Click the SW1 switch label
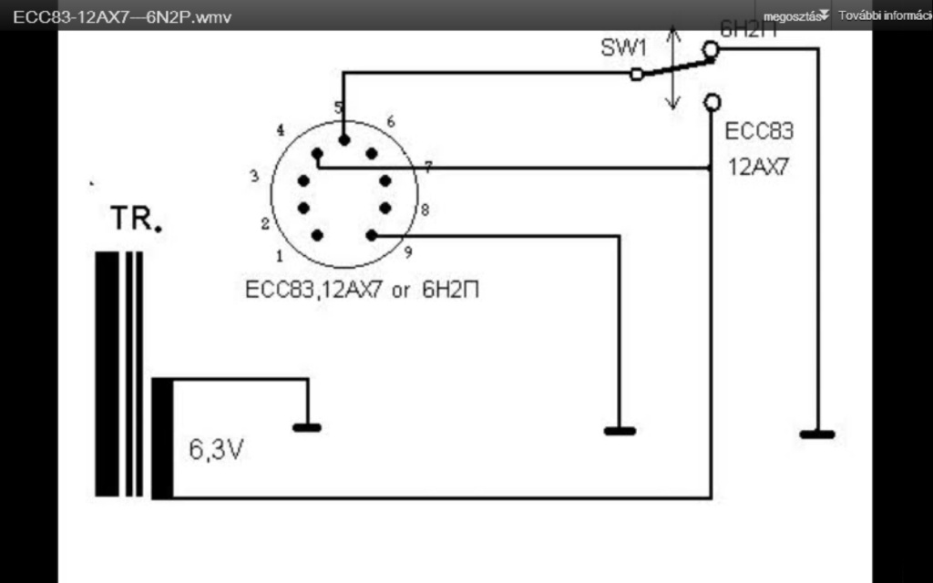click(624, 48)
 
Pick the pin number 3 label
click(255, 176)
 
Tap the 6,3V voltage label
click(215, 449)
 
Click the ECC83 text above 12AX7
click(759, 131)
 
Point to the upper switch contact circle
click(711, 52)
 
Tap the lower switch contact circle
click(712, 101)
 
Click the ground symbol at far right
click(817, 434)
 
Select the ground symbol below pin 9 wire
click(620, 430)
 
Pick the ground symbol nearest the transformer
click(306, 426)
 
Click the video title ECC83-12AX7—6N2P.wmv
click(116, 16)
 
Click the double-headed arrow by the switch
click(672, 68)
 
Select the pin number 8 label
click(425, 210)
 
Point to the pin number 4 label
click(280, 129)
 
